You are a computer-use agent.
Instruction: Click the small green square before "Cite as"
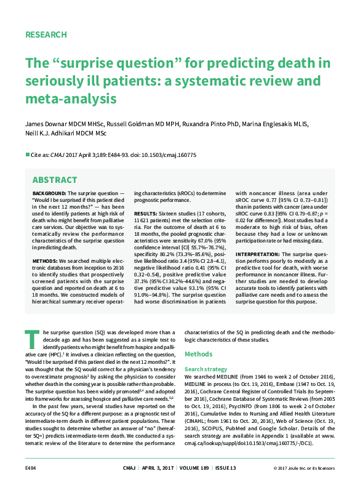(26, 155)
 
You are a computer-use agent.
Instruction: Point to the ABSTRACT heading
(55, 180)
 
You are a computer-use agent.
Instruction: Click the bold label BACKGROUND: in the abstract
(50, 194)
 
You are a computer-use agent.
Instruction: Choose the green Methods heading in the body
(199, 354)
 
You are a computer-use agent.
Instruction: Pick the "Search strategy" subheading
(206, 369)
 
